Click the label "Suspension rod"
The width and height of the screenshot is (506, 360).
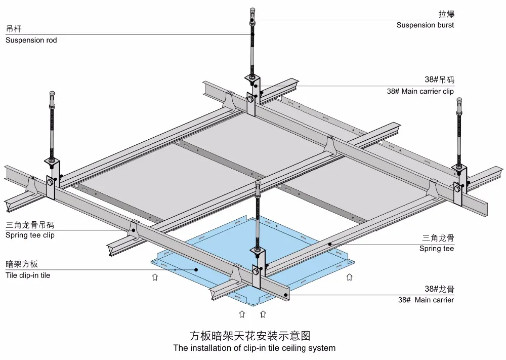pyautogui.click(x=31, y=41)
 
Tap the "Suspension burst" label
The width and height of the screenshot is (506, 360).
pyautogui.click(x=425, y=25)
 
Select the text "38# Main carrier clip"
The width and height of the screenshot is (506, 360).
pyautogui.click(x=420, y=91)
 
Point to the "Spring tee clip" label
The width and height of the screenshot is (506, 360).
pyautogui.click(x=30, y=235)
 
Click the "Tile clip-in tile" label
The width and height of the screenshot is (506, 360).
pyautogui.click(x=28, y=275)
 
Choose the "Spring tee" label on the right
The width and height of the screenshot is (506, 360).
pyautogui.click(x=437, y=249)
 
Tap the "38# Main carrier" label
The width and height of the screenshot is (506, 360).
pyautogui.click(x=426, y=300)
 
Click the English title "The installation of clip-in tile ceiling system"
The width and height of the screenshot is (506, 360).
pyautogui.click(x=255, y=348)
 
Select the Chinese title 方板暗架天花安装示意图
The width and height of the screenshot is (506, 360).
pyautogui.click(x=250, y=336)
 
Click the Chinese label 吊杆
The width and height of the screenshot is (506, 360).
pyautogui.click(x=14, y=29)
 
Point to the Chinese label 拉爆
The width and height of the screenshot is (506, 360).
pyautogui.click(x=446, y=14)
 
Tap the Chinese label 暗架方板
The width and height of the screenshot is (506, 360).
pyautogui.click(x=22, y=264)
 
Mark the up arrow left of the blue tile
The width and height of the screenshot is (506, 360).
pyautogui.click(x=155, y=277)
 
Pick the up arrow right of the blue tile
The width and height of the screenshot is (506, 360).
pyautogui.click(x=350, y=277)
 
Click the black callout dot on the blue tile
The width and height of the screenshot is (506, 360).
pyautogui.click(x=196, y=269)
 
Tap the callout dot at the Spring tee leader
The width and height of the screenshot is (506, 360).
pyautogui.click(x=330, y=244)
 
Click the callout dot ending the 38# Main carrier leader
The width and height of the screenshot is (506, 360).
pyautogui.click(x=286, y=295)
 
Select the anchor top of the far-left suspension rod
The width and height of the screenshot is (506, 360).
pyautogui.click(x=52, y=94)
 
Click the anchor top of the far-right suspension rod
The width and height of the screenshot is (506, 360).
pyautogui.click(x=459, y=100)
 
